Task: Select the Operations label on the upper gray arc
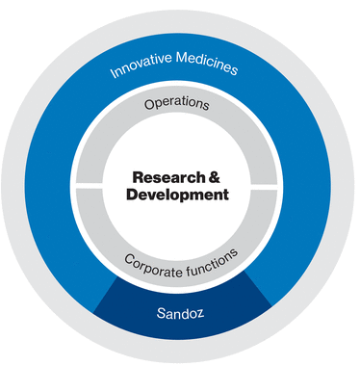click(178, 103)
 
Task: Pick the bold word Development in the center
click(178, 195)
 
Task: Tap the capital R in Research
click(136, 178)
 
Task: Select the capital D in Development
click(133, 195)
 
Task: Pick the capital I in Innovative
click(113, 76)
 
